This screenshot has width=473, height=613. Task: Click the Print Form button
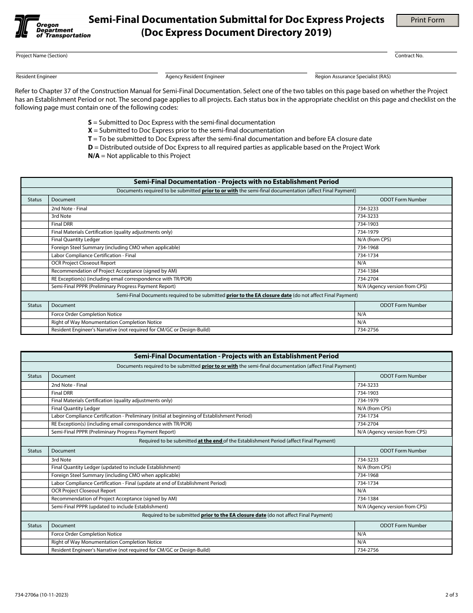[427, 20]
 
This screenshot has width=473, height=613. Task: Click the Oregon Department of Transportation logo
[52, 26]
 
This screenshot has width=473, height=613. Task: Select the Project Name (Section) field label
[41, 56]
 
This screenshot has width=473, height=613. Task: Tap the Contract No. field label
[409, 56]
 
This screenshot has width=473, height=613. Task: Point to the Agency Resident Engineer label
[195, 77]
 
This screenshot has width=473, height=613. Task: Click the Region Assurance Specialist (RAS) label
[353, 77]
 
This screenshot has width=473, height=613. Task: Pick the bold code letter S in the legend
[90, 122]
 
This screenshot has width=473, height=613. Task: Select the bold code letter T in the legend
[90, 139]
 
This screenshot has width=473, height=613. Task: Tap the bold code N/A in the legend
[94, 156]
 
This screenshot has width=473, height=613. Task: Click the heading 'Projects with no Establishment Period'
[236, 182]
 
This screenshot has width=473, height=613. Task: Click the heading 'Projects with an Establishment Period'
[236, 356]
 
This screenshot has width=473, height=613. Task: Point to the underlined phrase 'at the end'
[210, 441]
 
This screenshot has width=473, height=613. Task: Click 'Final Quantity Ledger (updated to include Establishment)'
[116, 467]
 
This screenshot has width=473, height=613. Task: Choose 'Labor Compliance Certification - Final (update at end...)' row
[138, 483]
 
